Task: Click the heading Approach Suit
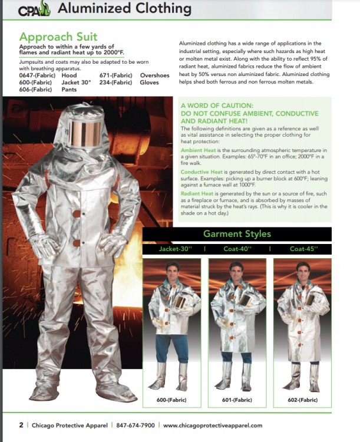[58, 37]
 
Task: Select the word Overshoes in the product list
[154, 75]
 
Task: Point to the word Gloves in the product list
[149, 83]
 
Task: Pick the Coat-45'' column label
[303, 249]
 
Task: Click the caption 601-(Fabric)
[236, 400]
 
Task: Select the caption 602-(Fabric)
[303, 400]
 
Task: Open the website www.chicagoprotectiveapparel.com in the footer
[212, 425]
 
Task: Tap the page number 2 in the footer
[21, 425]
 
